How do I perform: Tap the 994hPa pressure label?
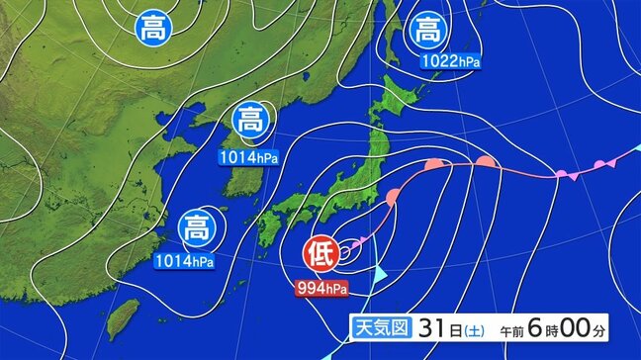323,289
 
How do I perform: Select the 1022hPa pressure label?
450,61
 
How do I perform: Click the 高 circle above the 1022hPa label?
428,28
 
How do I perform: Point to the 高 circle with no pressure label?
152,25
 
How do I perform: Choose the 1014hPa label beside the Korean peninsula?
250,155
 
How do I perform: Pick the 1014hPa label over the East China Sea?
184,261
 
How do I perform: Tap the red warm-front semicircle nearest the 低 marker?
394,195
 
